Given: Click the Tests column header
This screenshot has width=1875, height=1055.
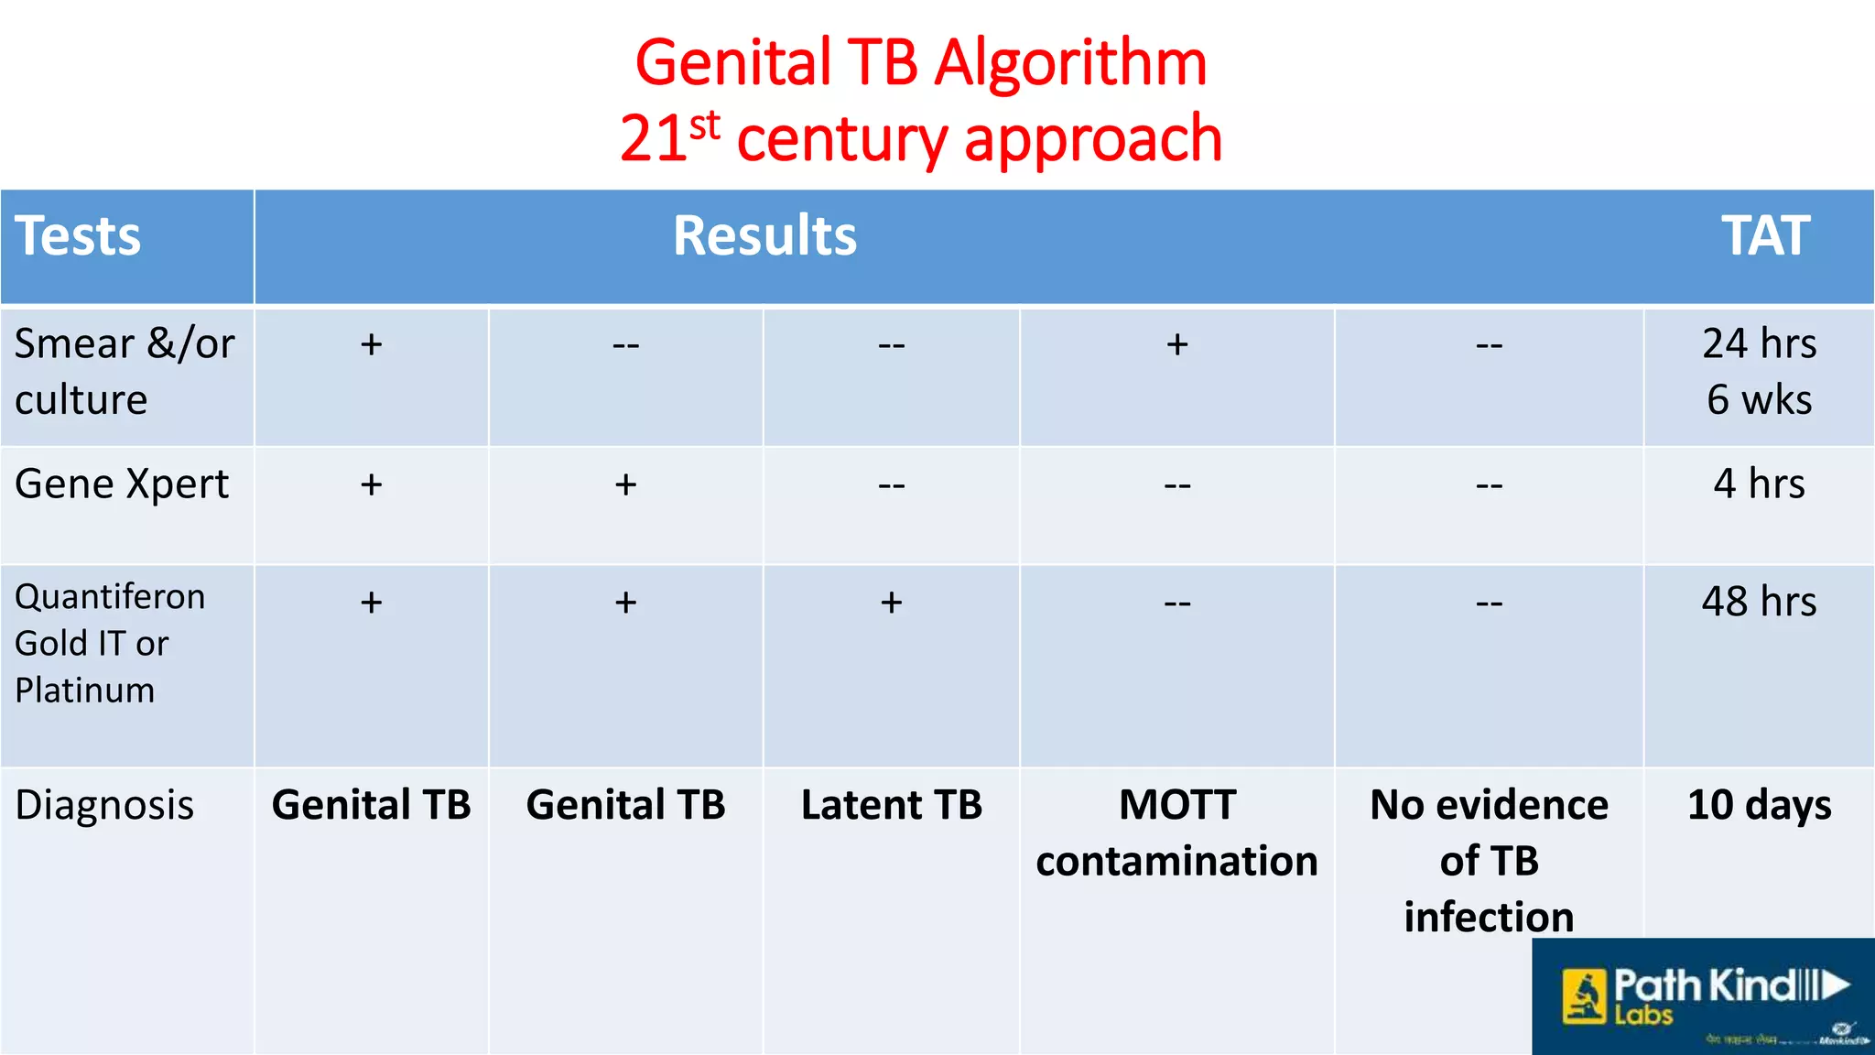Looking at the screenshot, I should click(x=78, y=236).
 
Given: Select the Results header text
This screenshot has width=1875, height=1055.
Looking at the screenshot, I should click(x=764, y=236).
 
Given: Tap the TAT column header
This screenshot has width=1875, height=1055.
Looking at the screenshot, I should click(x=1764, y=236).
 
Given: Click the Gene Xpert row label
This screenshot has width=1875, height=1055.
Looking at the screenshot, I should click(x=122, y=484).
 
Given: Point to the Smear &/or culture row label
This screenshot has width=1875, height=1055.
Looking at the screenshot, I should click(x=124, y=371).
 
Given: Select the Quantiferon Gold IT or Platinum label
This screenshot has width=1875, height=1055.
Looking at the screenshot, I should click(x=110, y=643).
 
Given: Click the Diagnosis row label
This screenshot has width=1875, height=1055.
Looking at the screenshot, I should click(x=104, y=806).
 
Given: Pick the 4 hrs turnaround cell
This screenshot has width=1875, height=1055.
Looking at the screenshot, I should click(x=1759, y=484).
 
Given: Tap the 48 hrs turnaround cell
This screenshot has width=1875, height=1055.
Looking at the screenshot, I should click(x=1759, y=602).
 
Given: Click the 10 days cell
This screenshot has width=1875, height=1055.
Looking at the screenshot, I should click(x=1759, y=805).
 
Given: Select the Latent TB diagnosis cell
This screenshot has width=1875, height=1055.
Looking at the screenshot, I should click(x=891, y=805).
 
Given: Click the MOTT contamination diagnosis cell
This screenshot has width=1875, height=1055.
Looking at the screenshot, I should click(x=1176, y=832).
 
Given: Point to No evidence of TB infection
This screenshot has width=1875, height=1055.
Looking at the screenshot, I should click(x=1489, y=860).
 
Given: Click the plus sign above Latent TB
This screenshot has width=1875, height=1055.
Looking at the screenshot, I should click(x=891, y=603).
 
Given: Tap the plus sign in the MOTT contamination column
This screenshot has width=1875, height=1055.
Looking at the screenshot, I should click(x=1177, y=344).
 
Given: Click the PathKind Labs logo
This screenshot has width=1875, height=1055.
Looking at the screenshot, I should click(x=1703, y=996).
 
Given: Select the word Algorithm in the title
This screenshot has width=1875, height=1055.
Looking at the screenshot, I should click(x=1070, y=64).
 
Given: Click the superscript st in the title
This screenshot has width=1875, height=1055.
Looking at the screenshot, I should click(x=705, y=125).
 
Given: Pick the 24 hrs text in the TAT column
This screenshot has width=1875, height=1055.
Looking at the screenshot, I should click(x=1759, y=343).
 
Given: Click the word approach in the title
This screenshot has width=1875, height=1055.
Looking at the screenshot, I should click(x=1093, y=139).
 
